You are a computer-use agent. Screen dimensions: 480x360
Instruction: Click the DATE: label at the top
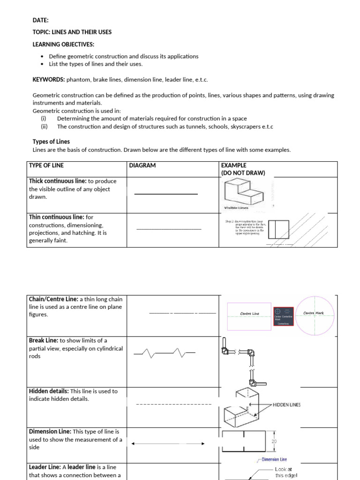click(x=41, y=20)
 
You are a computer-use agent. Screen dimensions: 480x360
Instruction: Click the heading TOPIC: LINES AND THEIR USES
click(x=72, y=32)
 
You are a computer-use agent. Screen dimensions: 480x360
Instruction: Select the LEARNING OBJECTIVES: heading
click(x=63, y=45)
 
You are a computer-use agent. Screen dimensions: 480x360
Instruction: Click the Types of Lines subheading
click(x=51, y=142)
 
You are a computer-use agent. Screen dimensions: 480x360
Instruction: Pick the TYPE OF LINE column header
click(x=46, y=165)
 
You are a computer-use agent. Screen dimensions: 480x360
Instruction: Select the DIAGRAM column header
click(x=142, y=165)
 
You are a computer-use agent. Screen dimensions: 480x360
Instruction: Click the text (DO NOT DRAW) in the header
click(x=243, y=173)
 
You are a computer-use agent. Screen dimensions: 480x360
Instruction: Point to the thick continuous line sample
click(x=166, y=194)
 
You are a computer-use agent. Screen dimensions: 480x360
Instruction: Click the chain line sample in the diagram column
click(x=182, y=313)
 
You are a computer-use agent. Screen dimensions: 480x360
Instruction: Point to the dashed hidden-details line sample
click(x=173, y=404)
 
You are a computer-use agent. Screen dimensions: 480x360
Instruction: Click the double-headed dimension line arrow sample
click(x=168, y=443)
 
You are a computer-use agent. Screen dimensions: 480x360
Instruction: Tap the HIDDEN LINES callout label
click(x=287, y=405)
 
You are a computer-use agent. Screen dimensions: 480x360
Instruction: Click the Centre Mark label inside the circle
click(x=313, y=313)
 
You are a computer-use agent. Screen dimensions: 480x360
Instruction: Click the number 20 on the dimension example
click(x=274, y=442)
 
